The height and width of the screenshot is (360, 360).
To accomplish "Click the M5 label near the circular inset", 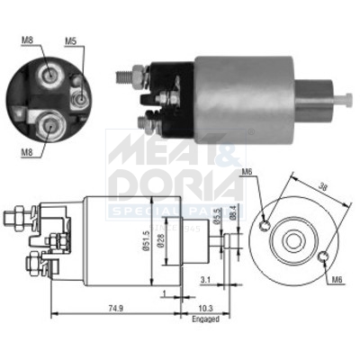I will (x=71, y=40).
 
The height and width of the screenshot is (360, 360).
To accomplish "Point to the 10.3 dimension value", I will (x=204, y=307).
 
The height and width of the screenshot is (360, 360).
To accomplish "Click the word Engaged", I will (x=205, y=318).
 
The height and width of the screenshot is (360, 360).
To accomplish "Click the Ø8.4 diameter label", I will (x=232, y=213).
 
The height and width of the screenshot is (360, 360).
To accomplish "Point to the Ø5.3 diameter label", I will (x=218, y=213).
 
